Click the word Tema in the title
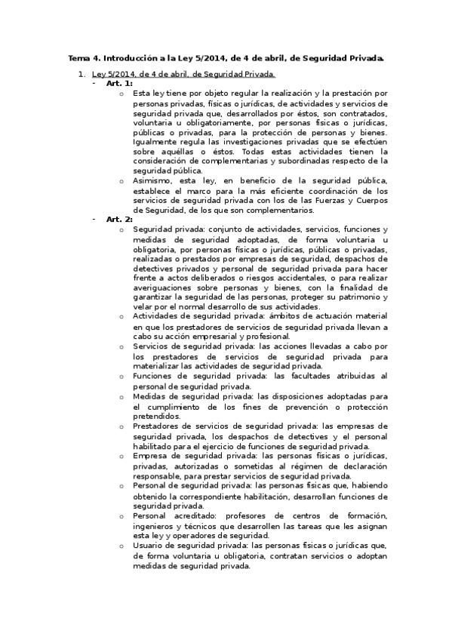pyautogui.click(x=78, y=57)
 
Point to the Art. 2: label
pyautogui.click(x=119, y=219)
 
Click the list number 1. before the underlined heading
pyautogui.click(x=82, y=74)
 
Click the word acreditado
pyautogui.click(x=198, y=515)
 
